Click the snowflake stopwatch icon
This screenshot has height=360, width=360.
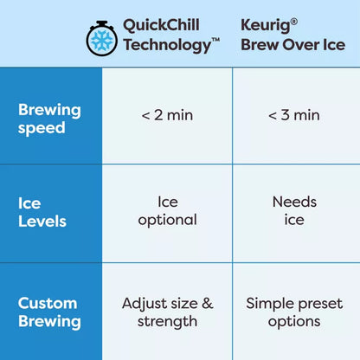[x=101, y=36]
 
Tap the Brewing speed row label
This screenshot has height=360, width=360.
[x=49, y=119]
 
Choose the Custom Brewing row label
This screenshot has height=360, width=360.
[x=49, y=312]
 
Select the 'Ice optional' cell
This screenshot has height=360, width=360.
[x=168, y=210]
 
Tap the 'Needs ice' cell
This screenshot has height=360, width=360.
[x=294, y=210]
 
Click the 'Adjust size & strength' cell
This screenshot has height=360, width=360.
[x=168, y=312]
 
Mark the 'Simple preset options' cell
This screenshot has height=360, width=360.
[x=294, y=312]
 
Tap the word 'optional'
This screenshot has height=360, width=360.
[x=168, y=220]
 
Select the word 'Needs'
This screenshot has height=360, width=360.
[x=294, y=202]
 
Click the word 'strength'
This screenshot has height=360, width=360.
[x=168, y=322]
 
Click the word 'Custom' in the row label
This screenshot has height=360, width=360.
[x=48, y=303]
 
